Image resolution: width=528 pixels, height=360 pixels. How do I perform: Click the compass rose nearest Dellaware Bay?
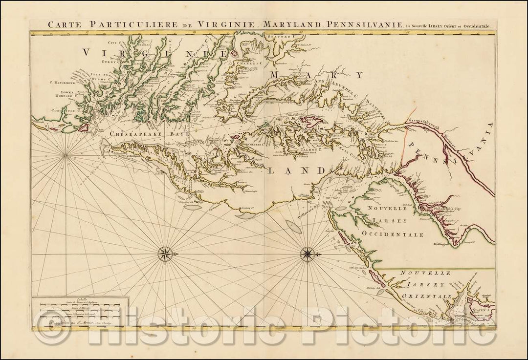308,253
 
